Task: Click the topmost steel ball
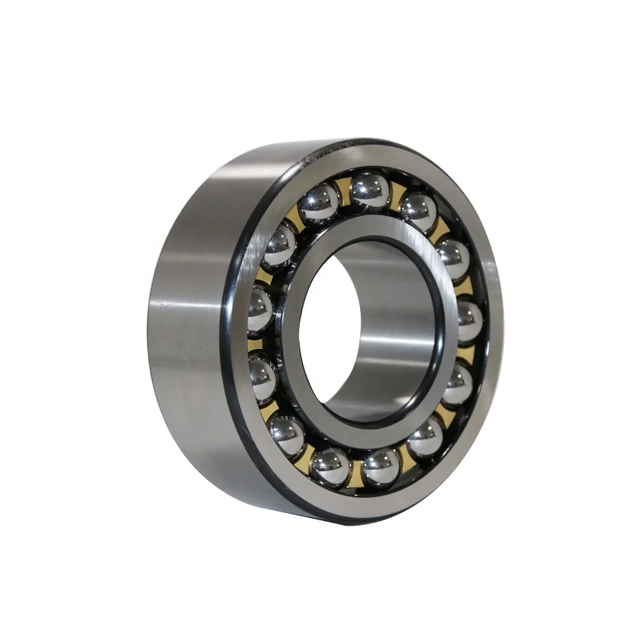(371, 188)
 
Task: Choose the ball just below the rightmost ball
(459, 383)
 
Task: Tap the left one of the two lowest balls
(331, 466)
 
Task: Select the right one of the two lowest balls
(380, 466)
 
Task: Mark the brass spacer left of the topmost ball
(344, 188)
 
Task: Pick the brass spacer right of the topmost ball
(397, 195)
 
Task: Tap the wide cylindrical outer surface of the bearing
(188, 313)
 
